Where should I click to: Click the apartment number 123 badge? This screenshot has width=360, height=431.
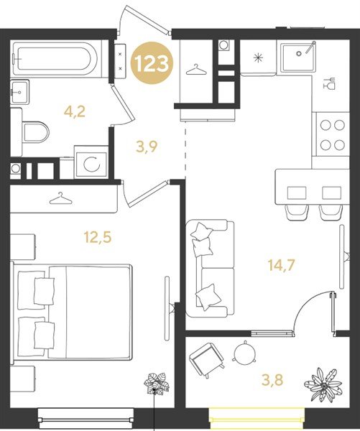(x=152, y=63)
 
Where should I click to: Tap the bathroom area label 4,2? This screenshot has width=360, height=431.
(x=74, y=112)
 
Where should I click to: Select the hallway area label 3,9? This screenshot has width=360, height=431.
(x=147, y=147)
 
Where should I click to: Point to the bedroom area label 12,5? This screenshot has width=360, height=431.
(x=98, y=237)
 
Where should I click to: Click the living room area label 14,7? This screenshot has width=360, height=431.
(x=282, y=265)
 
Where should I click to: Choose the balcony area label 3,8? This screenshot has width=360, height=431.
(x=272, y=381)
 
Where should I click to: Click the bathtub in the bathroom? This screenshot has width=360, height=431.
(x=55, y=59)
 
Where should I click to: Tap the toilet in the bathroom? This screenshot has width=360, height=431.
(x=34, y=132)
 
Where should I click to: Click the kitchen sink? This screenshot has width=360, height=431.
(x=298, y=57)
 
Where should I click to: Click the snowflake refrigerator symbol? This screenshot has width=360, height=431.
(x=258, y=58)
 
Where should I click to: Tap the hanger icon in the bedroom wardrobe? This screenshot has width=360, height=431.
(x=61, y=198)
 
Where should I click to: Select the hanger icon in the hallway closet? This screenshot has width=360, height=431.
(x=196, y=70)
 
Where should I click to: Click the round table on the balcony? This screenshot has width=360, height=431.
(x=244, y=353)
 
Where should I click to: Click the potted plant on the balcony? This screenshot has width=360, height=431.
(x=323, y=385)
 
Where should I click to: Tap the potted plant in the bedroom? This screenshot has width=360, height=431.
(x=157, y=384)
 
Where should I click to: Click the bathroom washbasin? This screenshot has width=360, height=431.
(x=19, y=91)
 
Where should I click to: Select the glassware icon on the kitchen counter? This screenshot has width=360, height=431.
(x=329, y=83)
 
